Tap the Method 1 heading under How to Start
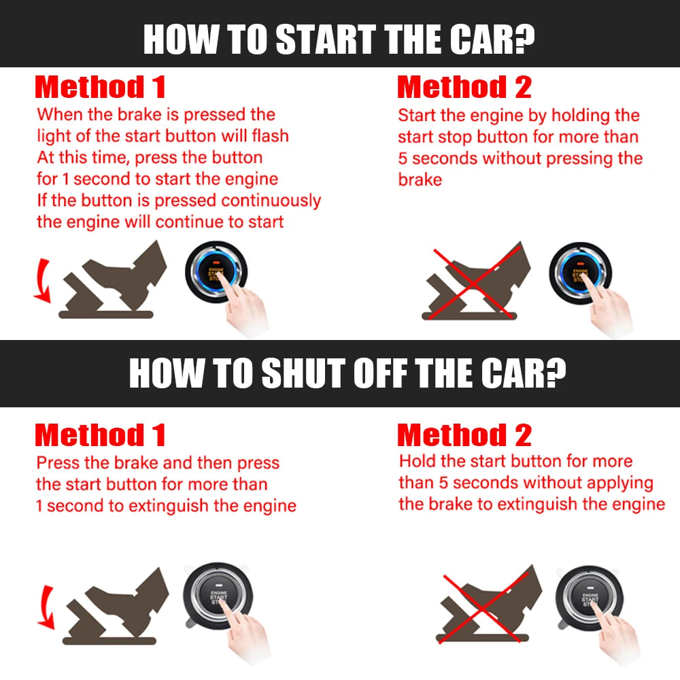click(100, 88)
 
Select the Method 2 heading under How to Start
click(464, 88)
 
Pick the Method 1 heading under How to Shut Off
click(100, 435)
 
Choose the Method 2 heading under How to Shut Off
click(464, 435)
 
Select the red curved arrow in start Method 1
click(42, 279)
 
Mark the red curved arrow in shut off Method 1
click(44, 607)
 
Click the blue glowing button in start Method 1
click(216, 271)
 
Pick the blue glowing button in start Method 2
click(580, 271)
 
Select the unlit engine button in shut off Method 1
click(218, 597)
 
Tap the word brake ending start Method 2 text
click(420, 180)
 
